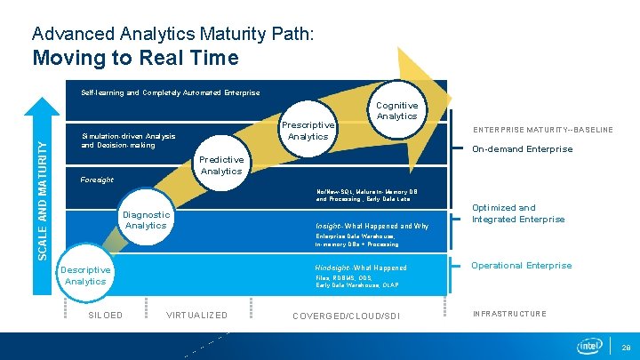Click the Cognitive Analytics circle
396,110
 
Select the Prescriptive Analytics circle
308,131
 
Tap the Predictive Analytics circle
221,164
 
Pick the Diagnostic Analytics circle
146,220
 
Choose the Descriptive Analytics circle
85,276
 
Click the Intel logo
589,345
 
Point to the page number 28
626,347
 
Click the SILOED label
106,315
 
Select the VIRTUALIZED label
196,315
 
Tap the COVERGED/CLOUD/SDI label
346,316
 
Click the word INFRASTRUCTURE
509,314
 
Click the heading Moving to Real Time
135,59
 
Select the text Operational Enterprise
521,266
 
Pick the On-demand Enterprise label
522,149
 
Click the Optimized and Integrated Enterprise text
517,213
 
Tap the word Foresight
97,180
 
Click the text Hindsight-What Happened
360,268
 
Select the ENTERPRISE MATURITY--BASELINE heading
542,130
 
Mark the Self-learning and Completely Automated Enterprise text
171,92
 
